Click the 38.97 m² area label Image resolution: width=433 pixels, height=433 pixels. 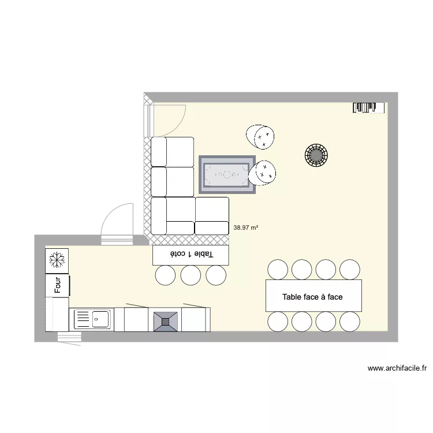[x=245, y=228]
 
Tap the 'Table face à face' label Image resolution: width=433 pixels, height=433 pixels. [x=312, y=297]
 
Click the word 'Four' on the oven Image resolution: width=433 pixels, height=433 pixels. [x=58, y=285]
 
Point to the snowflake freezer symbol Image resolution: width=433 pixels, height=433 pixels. [x=57, y=260]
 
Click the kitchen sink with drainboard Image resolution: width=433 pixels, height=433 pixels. [x=92, y=319]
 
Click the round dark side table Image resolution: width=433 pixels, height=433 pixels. [x=316, y=155]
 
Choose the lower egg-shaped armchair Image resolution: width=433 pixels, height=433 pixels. [x=263, y=172]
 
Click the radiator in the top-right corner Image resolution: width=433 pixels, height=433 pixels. [x=368, y=107]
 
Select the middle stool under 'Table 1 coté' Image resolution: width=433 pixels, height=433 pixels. [x=191, y=275]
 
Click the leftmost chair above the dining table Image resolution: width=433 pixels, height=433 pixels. [x=278, y=269]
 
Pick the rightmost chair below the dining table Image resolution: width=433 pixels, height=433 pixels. [x=350, y=321]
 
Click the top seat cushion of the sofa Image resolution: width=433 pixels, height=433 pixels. [x=172, y=152]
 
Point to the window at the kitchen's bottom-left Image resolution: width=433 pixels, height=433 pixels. [x=69, y=338]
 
